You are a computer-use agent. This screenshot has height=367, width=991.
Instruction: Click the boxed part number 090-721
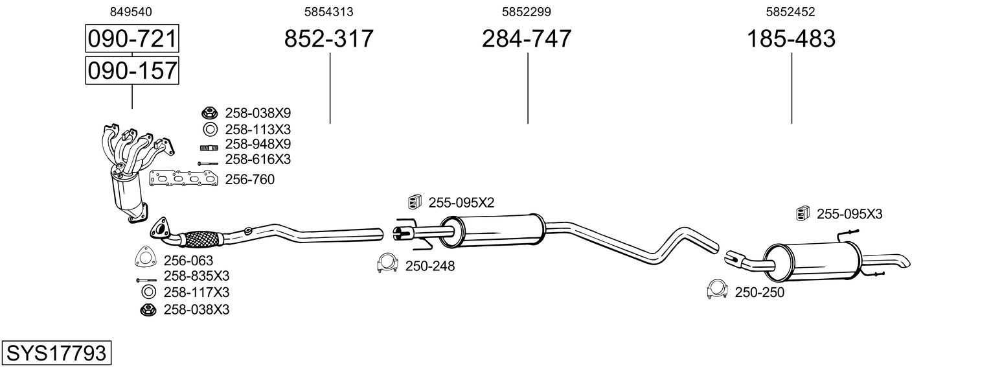(x=132, y=38)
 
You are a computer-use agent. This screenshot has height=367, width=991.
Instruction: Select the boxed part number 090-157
(x=132, y=71)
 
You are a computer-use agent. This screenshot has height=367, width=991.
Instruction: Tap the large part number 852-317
(x=328, y=38)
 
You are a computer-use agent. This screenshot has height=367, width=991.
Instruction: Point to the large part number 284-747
(x=527, y=38)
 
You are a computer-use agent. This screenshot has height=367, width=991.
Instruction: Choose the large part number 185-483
(x=791, y=38)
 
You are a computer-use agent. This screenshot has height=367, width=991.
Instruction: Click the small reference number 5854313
(x=328, y=12)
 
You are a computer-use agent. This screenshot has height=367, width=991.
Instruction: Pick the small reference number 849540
(x=131, y=12)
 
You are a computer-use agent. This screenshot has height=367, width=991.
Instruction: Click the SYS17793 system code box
(x=56, y=353)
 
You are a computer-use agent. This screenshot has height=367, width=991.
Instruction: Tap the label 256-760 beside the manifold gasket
(x=250, y=180)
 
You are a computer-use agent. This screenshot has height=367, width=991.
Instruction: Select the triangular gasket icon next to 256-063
(x=145, y=256)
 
